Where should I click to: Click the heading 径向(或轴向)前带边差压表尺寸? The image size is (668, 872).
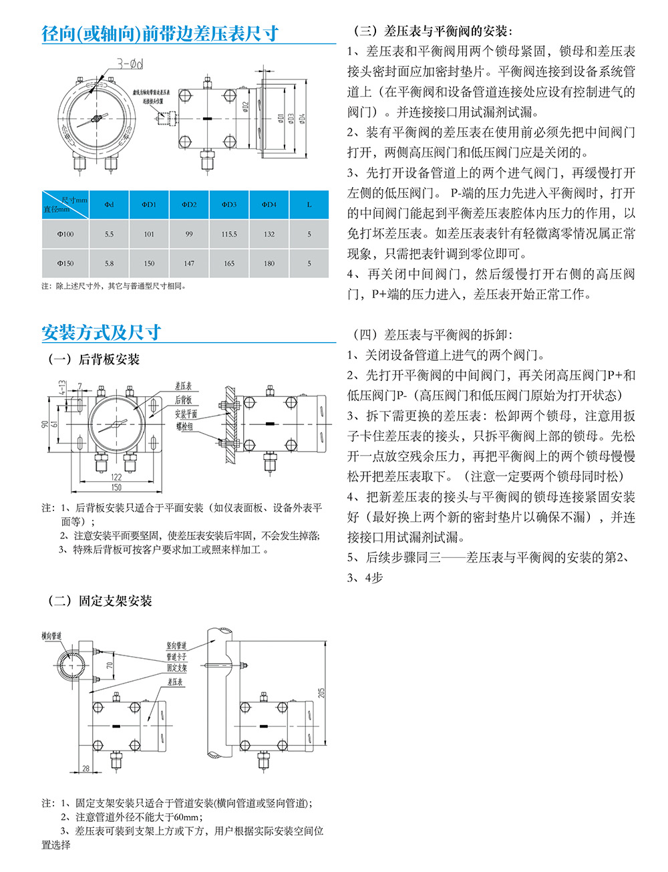160,33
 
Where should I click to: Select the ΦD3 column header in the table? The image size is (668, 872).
229,204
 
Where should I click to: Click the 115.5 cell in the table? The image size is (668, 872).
229,235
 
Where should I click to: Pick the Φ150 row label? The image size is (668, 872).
65,263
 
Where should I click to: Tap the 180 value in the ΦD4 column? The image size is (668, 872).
269,263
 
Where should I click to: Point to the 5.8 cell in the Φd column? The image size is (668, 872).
109,263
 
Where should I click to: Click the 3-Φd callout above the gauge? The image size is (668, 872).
130,64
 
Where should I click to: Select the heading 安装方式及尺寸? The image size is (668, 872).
101,332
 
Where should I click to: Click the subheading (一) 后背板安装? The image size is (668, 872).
94,359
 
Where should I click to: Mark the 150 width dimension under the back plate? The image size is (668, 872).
116,487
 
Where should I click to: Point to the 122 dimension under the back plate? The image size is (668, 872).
116,477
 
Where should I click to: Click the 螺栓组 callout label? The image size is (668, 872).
184,426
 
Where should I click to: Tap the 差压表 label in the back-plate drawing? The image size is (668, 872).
183,386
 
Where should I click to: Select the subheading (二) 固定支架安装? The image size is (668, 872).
100,601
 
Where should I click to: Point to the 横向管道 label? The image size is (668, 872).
51,635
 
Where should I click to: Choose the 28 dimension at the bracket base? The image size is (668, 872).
86,768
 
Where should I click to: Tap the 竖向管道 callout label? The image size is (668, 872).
176,646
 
